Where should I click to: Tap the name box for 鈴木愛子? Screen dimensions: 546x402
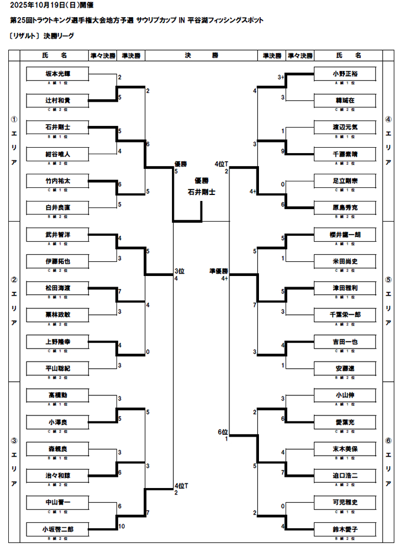pos(345,529)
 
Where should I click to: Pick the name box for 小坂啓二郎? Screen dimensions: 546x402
pos(58,529)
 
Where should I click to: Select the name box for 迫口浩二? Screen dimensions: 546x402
pos(345,475)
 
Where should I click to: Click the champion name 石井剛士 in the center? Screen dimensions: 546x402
pos(201,192)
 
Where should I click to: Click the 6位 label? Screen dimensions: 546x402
pos(222,432)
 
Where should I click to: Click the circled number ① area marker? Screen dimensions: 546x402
pos(14,119)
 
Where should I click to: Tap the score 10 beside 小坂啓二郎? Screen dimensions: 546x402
pos(121,526)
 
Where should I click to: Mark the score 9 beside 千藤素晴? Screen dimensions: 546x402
pos(284,151)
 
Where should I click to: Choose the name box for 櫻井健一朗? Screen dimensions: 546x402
pos(345,235)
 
